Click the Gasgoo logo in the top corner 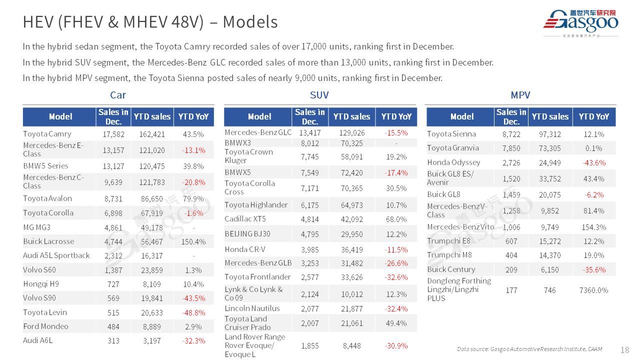point(580,23)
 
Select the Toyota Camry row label point(47,134)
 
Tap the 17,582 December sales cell point(113,134)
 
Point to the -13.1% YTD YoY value point(193,150)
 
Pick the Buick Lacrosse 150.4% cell point(193,241)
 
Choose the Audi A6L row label point(37,340)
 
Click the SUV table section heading point(319,95)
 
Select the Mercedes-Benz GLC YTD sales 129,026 point(351,133)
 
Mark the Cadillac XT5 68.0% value point(396,219)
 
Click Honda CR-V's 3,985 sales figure point(310,249)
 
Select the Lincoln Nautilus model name point(252,308)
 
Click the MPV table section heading point(520,95)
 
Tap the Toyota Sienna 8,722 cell point(511,134)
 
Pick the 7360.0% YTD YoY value point(593,290)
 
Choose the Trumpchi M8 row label point(442,255)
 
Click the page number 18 point(624,350)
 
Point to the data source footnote point(529,349)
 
